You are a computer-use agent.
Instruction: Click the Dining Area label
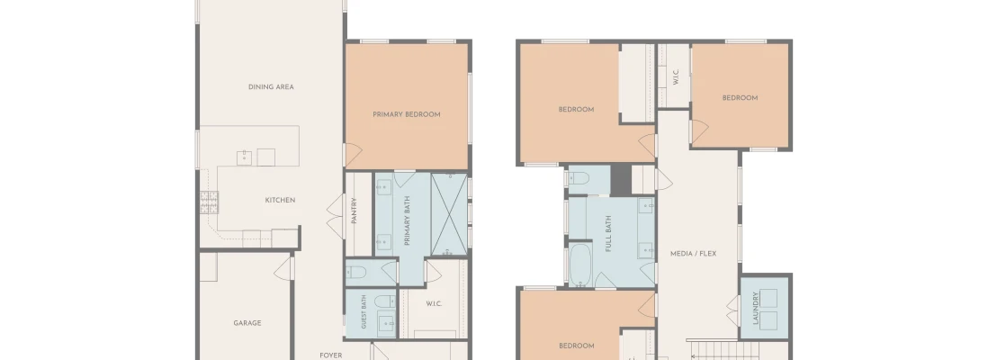click(271, 87)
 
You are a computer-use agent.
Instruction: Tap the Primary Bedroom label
click(407, 114)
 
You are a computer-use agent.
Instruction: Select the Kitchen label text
click(280, 201)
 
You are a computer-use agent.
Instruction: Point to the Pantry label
click(355, 211)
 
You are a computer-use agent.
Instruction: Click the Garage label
click(247, 323)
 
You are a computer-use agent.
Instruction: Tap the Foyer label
click(331, 355)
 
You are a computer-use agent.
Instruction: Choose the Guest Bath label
click(364, 312)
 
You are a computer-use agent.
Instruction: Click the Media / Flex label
click(693, 254)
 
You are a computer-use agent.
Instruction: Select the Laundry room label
click(756, 308)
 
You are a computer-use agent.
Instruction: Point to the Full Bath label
click(608, 234)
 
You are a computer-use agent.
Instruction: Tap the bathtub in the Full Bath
click(579, 265)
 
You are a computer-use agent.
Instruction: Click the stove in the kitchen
click(209, 202)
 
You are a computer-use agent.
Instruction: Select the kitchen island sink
click(245, 157)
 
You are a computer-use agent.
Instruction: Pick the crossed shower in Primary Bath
click(449, 213)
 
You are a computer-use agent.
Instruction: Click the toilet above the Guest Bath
click(356, 273)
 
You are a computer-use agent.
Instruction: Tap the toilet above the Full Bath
click(579, 179)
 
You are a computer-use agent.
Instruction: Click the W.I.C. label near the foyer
click(434, 304)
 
